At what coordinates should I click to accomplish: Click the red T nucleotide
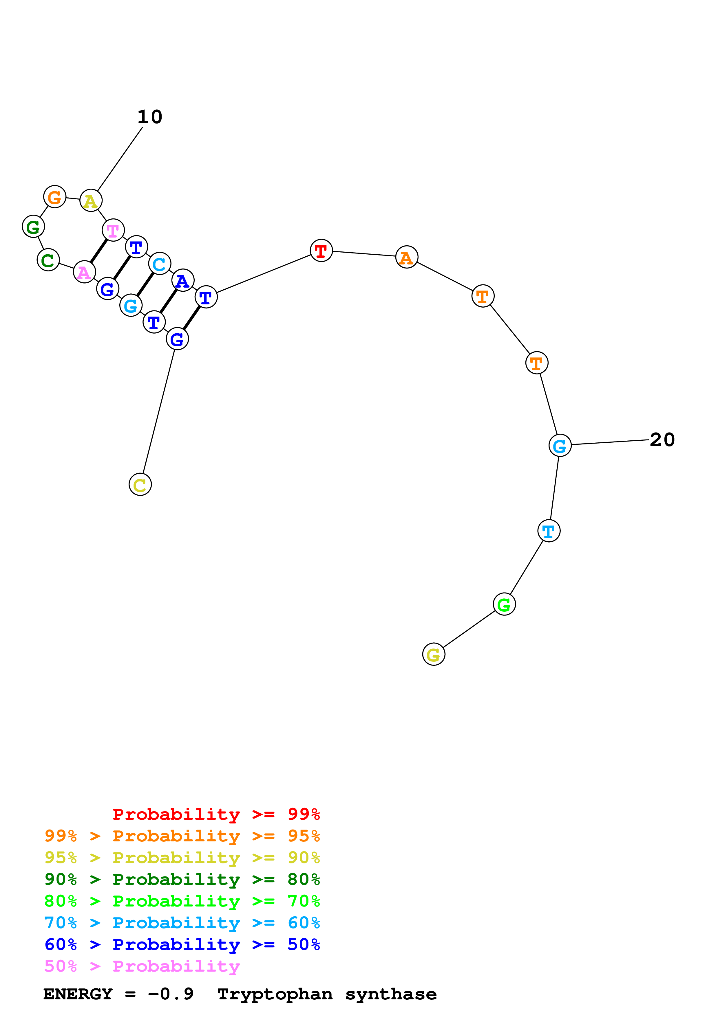point(321,251)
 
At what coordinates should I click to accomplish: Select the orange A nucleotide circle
point(407,257)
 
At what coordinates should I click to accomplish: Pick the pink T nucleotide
point(113,230)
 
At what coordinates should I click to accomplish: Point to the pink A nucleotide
point(84,272)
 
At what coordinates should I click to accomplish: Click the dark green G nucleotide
point(33,227)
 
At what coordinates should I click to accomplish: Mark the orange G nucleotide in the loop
point(55,197)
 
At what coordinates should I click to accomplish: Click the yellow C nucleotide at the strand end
point(140,485)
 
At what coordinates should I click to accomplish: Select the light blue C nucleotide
point(159,264)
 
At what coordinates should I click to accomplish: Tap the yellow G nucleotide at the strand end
point(434,654)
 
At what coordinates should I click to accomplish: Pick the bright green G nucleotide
point(504,604)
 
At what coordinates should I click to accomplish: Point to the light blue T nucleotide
point(549,531)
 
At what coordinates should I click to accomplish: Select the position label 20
point(662,440)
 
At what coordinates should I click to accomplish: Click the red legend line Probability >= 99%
point(216,814)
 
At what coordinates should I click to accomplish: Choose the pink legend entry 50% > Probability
point(142,966)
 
